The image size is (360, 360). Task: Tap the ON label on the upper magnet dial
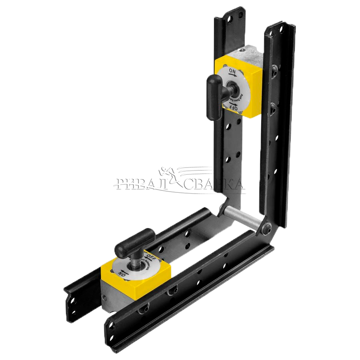(232, 71)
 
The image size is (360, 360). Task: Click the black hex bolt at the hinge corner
(267, 229)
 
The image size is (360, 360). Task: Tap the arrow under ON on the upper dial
(233, 75)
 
